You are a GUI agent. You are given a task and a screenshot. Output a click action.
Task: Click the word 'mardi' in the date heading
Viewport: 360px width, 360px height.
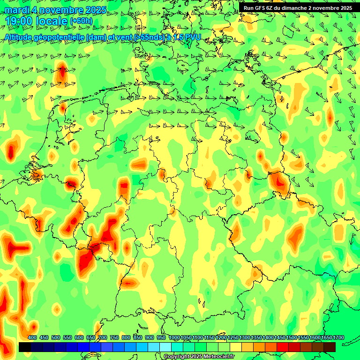coord(16,10)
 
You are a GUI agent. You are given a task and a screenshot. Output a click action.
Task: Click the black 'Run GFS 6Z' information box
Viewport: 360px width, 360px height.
coord(298,8)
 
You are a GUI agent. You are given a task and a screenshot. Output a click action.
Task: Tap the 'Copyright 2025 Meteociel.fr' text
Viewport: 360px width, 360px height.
coord(199,357)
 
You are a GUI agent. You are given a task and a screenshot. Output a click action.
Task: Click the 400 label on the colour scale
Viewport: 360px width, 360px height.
coord(32,338)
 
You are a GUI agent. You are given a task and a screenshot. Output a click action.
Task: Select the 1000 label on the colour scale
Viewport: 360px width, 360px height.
coord(174,338)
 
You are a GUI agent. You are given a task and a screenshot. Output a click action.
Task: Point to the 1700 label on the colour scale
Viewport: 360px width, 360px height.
coord(327,338)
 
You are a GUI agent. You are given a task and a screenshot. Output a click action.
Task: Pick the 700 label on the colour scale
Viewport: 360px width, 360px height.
coord(103,338)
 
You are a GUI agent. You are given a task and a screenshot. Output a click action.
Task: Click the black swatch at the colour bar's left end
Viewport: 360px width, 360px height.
coord(25,347)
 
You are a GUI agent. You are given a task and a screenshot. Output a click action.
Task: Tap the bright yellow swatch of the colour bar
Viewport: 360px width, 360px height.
coord(236,347)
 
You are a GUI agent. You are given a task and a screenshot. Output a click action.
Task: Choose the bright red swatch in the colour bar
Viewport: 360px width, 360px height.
coord(283,347)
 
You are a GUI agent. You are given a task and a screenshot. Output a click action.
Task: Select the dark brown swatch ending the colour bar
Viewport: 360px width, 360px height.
coord(330,347)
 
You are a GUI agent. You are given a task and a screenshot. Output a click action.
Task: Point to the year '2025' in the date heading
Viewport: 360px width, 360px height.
coord(96,10)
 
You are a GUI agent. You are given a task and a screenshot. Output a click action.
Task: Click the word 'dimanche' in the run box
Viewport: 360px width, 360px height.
coord(291,8)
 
